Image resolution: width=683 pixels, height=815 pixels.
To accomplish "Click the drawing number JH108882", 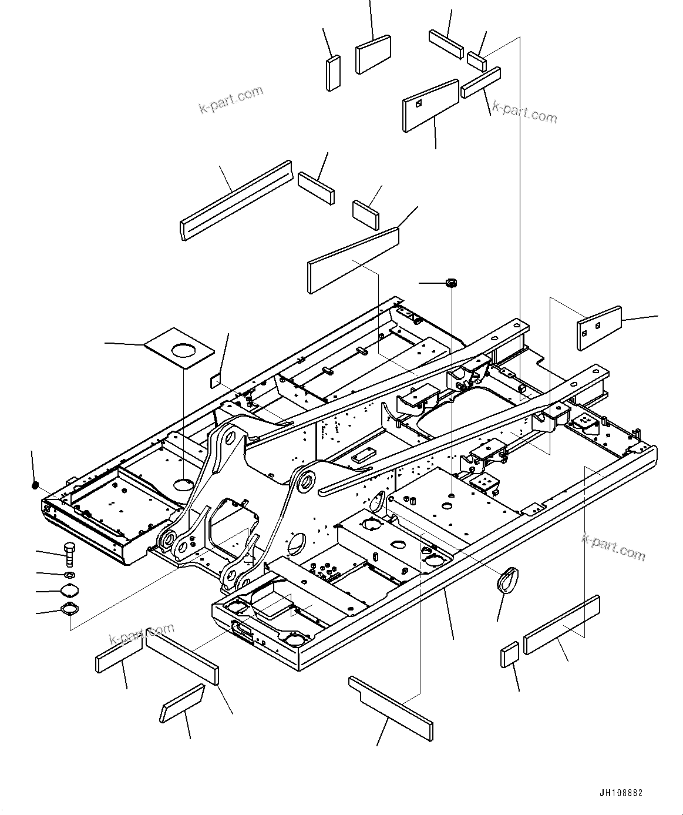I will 621,793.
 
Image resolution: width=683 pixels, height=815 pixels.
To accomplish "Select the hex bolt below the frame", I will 68,553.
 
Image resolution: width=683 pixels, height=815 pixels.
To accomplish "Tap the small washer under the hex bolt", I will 69,574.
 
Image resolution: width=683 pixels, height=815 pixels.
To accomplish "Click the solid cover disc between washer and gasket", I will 69,591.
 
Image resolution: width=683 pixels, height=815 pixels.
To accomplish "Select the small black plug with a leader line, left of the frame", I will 35,485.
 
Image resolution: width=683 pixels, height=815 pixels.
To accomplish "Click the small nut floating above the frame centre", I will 452,283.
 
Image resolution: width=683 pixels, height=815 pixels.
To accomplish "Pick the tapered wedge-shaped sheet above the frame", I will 354,260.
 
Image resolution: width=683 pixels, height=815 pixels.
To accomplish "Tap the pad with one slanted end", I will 182,703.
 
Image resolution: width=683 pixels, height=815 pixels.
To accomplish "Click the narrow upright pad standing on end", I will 333,73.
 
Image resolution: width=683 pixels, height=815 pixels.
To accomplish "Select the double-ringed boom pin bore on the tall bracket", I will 305,482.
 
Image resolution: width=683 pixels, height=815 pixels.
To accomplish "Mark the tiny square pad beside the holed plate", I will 216,381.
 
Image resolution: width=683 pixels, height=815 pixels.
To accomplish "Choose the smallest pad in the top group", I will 476,59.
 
